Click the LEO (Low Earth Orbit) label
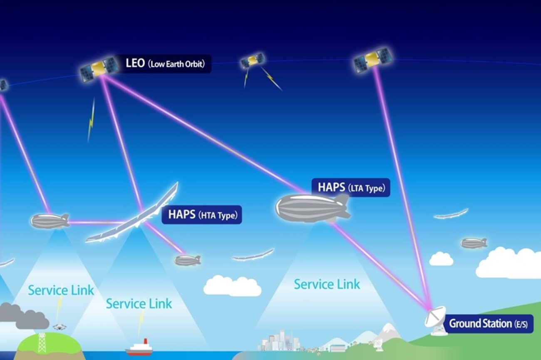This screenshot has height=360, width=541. coord(165,64)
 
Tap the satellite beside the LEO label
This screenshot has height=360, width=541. coord(99,69)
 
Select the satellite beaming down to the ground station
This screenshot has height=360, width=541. coord(373,60)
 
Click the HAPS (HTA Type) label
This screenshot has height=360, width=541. coord(202,215)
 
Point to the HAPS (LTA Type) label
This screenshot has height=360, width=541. coord(351,188)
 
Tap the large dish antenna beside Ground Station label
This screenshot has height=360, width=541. coord(436,320)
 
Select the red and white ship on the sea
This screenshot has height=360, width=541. coord(139,348)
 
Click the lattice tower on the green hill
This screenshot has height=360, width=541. coord(42,342)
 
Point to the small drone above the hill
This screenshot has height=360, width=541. coord(60,327)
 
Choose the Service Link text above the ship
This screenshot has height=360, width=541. coord(139,304)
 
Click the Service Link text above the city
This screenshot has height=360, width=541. coord(327,285)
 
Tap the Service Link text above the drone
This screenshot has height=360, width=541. coord(61,290)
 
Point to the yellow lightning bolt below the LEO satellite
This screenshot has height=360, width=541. coord(91,120)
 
